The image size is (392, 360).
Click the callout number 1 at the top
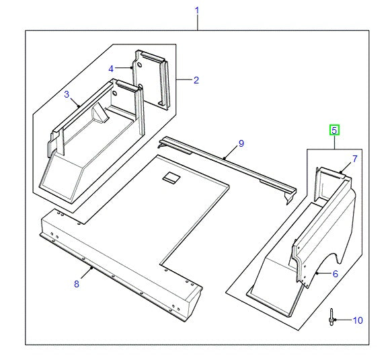click(x=197, y=10)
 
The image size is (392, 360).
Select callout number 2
click(x=196, y=81)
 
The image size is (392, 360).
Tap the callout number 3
click(x=67, y=95)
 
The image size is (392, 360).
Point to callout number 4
click(x=112, y=68)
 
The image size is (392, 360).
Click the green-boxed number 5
click(x=334, y=130)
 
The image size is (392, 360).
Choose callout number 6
click(x=336, y=273)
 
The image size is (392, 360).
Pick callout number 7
click(x=355, y=159)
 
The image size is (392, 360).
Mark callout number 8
click(x=76, y=284)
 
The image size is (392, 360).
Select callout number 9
click(x=241, y=143)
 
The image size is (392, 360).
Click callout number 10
click(x=357, y=320)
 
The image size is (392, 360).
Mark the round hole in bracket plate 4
click(x=141, y=65)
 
